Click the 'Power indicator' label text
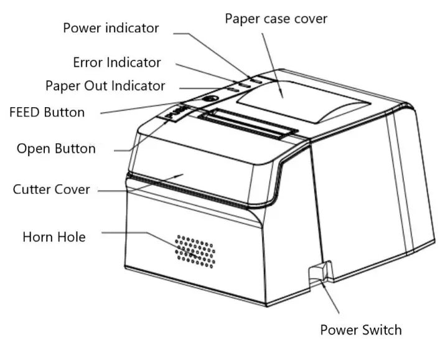coord(111,28)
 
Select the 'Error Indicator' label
coord(116,62)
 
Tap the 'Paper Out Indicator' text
coord(105,85)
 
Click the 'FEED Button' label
coord(47,113)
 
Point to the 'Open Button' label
coord(56,149)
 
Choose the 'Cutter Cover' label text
coord(51,189)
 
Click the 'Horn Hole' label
coord(54,237)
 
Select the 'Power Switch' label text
coord(360,329)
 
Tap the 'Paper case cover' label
coord(276,19)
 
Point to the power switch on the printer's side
coord(318,272)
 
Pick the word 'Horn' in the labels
coord(37,237)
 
